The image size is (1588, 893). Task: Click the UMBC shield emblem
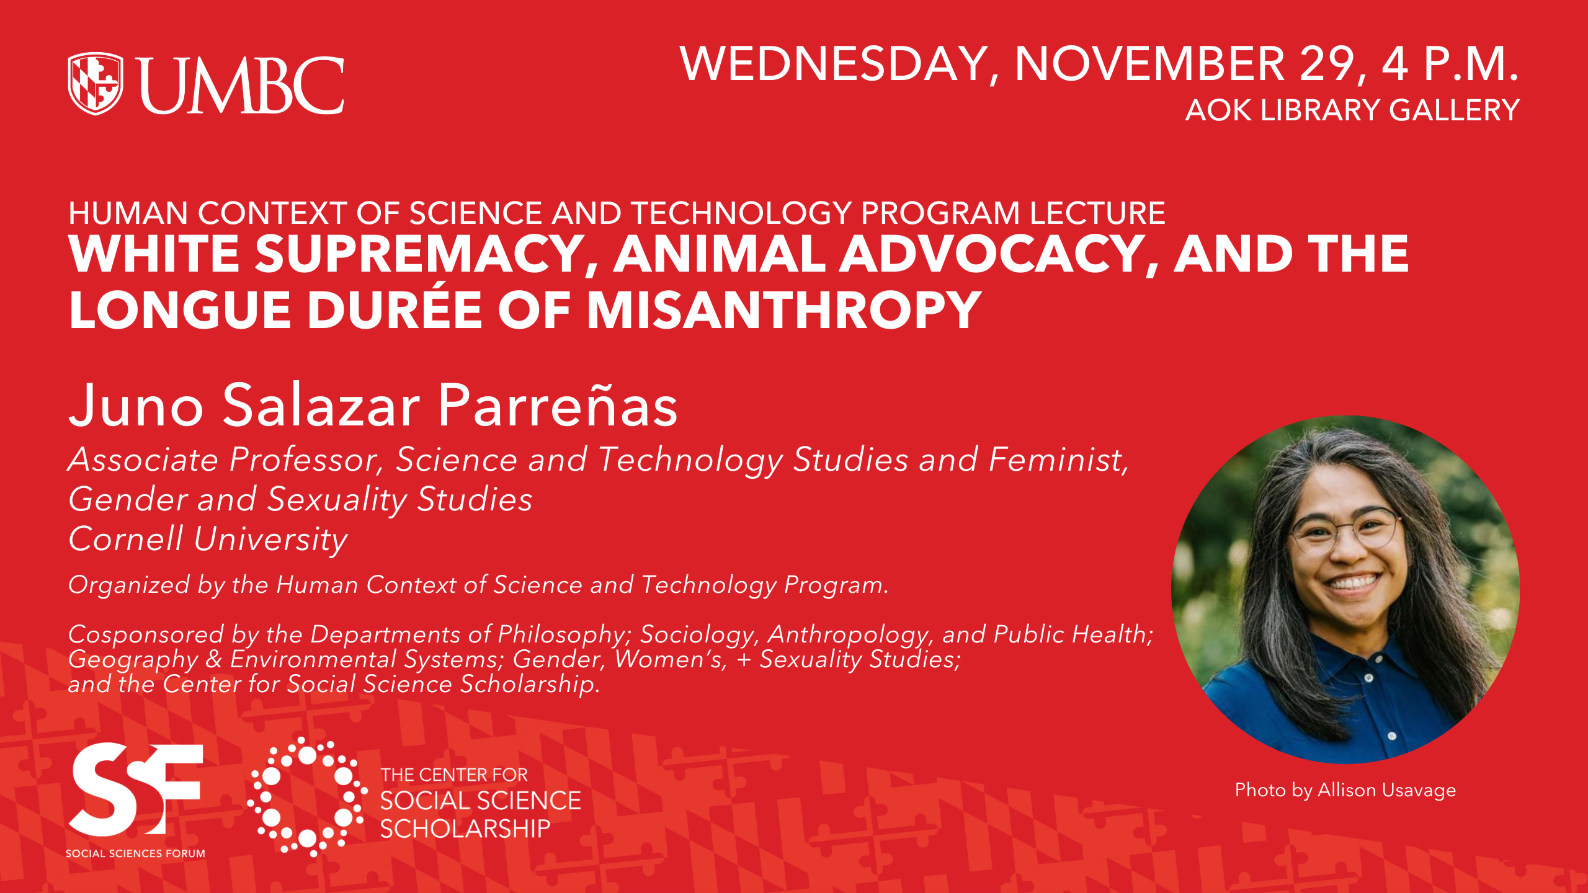click(x=96, y=84)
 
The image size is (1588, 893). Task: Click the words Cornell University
click(x=208, y=538)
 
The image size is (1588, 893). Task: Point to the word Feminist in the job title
click(x=1058, y=460)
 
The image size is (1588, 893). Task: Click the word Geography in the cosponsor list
click(x=133, y=659)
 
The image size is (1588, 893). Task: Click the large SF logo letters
click(x=136, y=789)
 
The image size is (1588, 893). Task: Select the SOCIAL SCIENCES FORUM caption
click(x=135, y=853)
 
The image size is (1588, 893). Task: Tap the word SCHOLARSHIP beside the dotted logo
click(x=465, y=829)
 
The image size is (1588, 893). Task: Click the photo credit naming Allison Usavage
click(x=1345, y=789)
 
